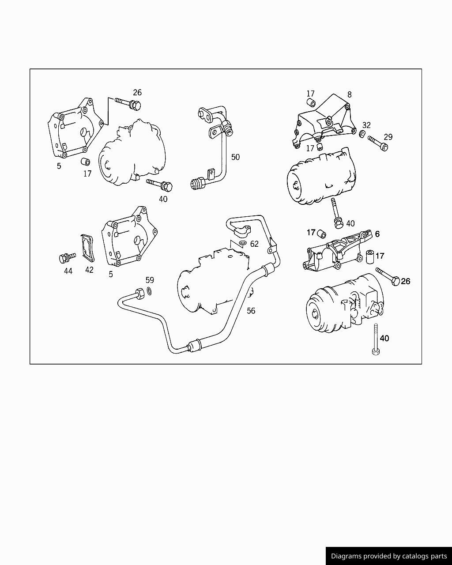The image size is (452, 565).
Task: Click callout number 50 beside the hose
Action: (235, 157)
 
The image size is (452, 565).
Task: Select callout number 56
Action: (251, 311)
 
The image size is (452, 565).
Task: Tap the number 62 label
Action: (254, 244)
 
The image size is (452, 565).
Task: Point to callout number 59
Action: (150, 280)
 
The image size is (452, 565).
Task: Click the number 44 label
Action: (68, 271)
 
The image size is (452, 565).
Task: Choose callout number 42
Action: (89, 270)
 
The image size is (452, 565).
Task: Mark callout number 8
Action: (349, 94)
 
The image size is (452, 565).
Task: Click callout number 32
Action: (366, 125)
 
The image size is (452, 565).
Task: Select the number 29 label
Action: (388, 137)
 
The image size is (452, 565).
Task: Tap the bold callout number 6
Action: (377, 234)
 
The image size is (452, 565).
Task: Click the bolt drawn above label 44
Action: (66, 257)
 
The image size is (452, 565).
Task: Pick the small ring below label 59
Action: (150, 291)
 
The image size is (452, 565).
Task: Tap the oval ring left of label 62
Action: (242, 243)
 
